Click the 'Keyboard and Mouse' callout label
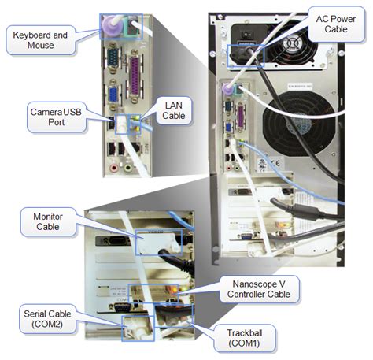pyautogui.click(x=36, y=36)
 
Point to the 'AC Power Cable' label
pyautogui.click(x=327, y=22)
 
